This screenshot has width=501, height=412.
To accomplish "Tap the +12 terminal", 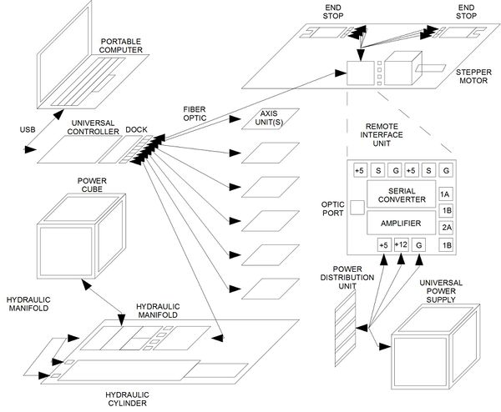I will [402, 245].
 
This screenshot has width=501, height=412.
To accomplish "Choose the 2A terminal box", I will [446, 227].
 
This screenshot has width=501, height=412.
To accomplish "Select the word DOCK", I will [136, 129].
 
